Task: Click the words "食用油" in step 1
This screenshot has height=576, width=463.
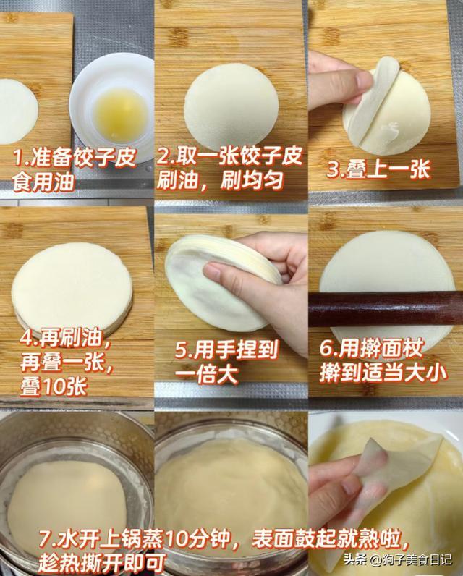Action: point(43,182)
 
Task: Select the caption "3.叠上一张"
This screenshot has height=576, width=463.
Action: point(378,169)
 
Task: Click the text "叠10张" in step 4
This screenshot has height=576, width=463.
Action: point(54,387)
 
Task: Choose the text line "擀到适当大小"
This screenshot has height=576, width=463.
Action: point(383,373)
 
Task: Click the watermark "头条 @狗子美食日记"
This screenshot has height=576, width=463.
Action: point(398,559)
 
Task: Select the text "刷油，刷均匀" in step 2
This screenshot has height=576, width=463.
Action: point(220,180)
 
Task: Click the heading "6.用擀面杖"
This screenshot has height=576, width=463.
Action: point(372,348)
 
